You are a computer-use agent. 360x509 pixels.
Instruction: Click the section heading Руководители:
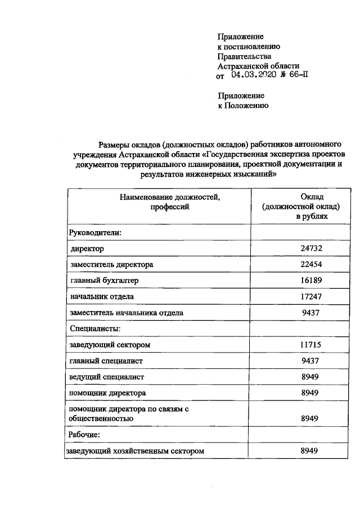coord(96,232)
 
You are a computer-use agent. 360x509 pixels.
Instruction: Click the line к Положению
coord(242,105)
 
